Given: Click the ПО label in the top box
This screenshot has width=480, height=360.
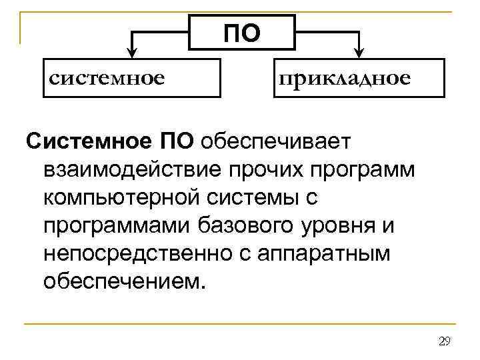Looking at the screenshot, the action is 241,33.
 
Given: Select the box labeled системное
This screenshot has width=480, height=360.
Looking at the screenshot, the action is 131,78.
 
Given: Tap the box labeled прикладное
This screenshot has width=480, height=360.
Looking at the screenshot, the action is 358,78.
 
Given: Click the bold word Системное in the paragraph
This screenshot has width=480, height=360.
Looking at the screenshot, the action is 89,141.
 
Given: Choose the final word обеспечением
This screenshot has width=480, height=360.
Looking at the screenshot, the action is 120,281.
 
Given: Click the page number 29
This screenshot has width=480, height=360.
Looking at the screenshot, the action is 445,342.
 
